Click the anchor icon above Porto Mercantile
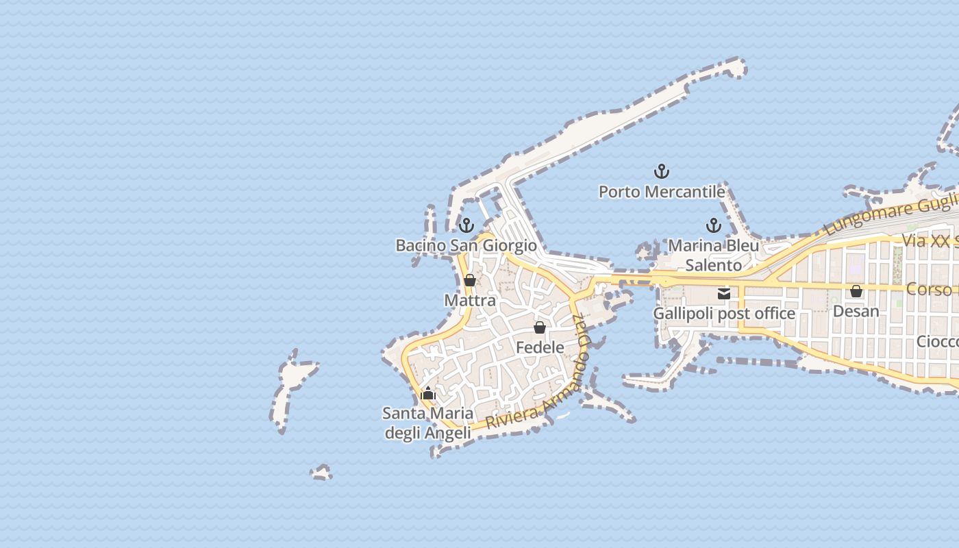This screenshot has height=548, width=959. tap(661, 171)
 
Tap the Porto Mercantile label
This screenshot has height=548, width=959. tap(661, 192)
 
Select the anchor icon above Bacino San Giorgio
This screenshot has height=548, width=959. tap(466, 225)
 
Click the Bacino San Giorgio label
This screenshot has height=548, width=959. tap(466, 245)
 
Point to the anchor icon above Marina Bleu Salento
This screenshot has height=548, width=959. tap(714, 225)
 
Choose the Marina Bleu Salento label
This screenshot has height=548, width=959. tap(713, 255)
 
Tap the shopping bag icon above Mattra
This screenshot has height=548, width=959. tap(469, 280)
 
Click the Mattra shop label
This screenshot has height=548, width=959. tap(469, 301)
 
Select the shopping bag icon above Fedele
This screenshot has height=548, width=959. tap(540, 327)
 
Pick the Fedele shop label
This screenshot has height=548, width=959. tap(540, 347)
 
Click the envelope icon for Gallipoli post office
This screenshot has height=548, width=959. tap(724, 294)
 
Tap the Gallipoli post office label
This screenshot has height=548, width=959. tap(724, 314)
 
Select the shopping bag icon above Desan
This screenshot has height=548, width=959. tap(856, 291)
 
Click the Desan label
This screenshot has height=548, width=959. tap(856, 311)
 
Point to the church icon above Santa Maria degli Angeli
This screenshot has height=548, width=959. tap(428, 393)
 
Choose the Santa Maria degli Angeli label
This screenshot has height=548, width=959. tap(428, 423)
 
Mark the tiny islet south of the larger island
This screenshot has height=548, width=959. tap(321, 473)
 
